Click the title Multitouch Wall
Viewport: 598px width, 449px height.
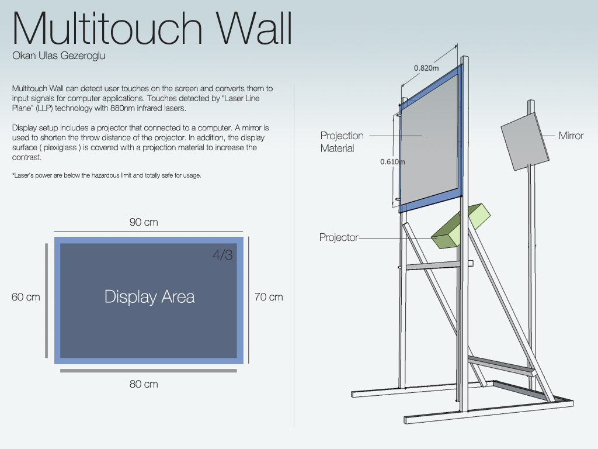click(x=152, y=28)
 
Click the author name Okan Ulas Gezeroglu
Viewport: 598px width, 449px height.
click(x=59, y=56)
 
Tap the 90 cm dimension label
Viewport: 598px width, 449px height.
click(x=144, y=222)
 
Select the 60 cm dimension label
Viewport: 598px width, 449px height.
click(x=26, y=297)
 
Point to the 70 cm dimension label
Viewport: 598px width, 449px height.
click(x=269, y=297)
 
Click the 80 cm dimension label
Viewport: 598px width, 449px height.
click(x=144, y=384)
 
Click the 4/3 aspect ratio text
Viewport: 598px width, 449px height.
click(x=222, y=255)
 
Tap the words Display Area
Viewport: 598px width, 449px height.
click(x=149, y=296)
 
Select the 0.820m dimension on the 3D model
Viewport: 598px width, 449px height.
click(x=426, y=68)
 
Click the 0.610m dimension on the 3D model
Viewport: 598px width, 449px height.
click(x=392, y=162)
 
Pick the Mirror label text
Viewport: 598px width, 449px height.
click(x=571, y=136)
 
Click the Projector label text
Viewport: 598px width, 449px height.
click(x=339, y=237)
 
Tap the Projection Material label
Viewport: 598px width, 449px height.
click(x=342, y=142)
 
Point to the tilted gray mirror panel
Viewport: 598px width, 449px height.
click(x=525, y=141)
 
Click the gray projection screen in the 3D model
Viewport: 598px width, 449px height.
click(x=428, y=139)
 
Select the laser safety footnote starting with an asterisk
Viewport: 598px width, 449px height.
click(x=107, y=175)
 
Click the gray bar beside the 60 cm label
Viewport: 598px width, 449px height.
click(x=47, y=301)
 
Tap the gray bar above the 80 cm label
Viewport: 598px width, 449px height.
click(x=148, y=371)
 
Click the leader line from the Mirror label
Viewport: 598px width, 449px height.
click(x=548, y=136)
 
